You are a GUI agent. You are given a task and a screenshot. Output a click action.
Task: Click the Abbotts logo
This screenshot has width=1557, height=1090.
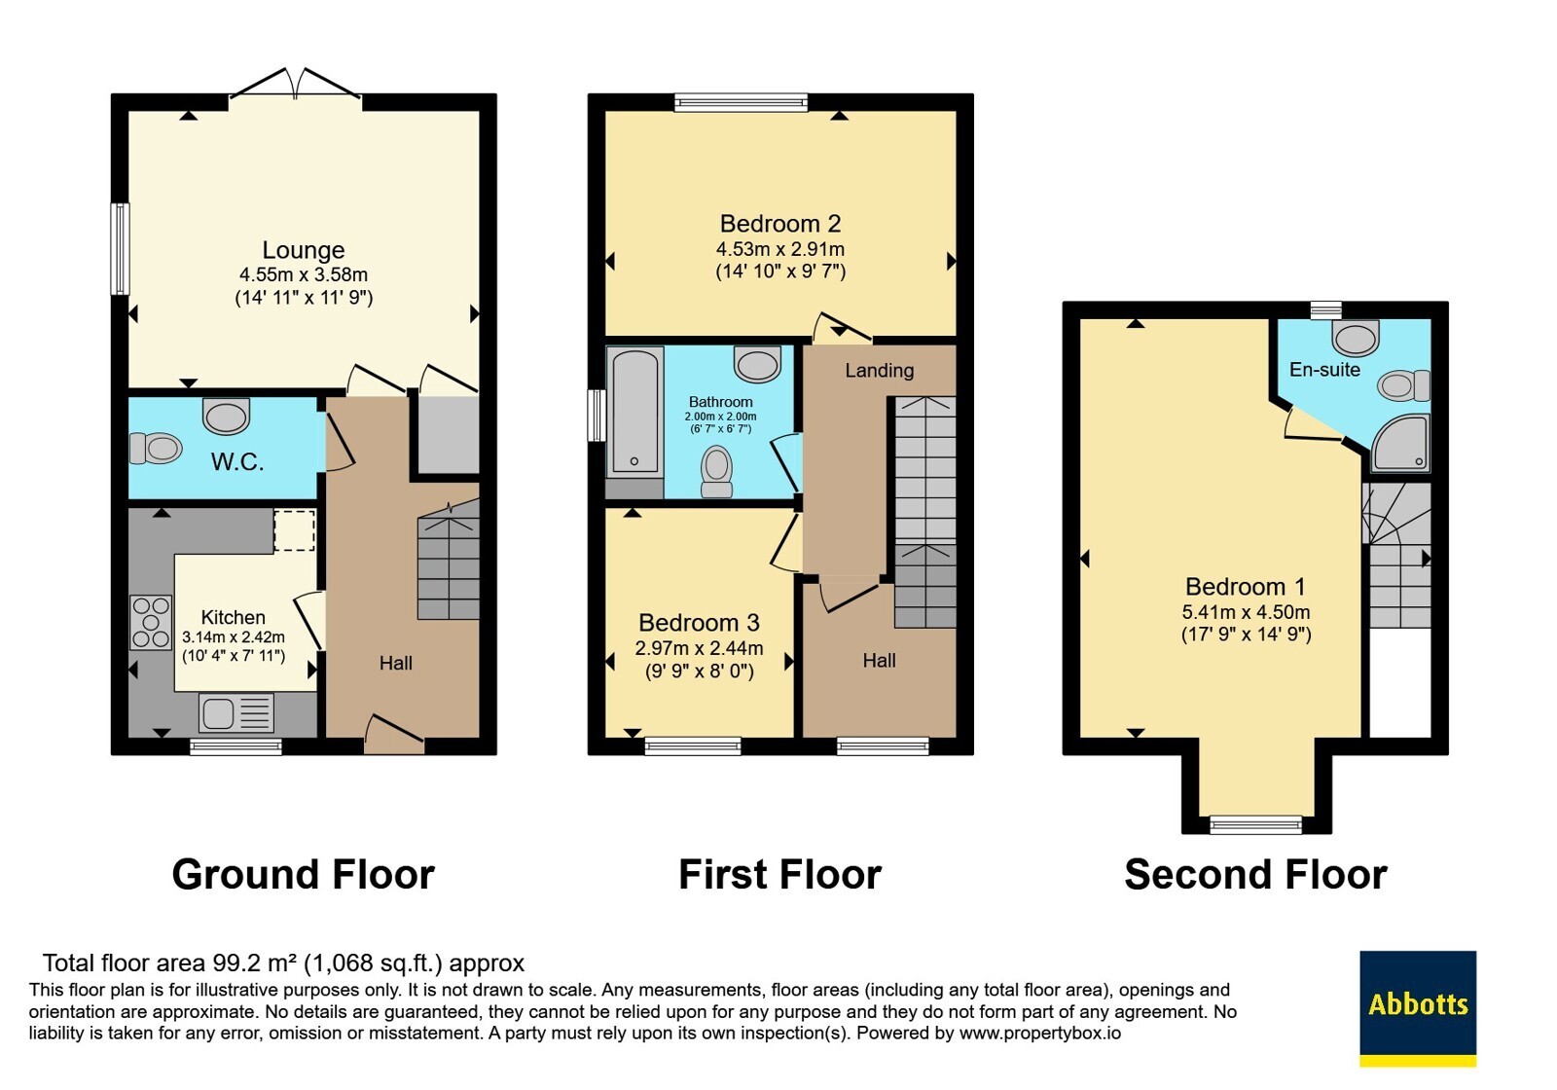1418,1008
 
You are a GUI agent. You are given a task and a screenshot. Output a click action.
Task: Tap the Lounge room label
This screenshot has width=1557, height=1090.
303,250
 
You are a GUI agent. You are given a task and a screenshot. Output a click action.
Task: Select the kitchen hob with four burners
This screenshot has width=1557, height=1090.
151,623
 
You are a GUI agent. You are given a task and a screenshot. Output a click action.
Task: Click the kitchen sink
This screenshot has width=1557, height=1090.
236,713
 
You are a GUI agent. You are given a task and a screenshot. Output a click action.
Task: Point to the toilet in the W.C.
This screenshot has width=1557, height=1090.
156,449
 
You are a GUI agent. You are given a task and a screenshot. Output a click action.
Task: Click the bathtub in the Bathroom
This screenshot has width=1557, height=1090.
634,413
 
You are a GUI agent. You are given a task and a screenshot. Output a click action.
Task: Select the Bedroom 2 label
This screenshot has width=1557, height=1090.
780,224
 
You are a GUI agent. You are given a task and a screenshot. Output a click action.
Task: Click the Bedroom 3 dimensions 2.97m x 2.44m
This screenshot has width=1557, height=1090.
700,648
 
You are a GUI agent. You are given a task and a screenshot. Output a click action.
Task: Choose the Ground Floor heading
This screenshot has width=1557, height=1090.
303,875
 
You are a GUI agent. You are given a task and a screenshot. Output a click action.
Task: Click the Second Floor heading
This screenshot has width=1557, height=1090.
1255,875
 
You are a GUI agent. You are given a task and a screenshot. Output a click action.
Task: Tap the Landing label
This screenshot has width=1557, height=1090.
880,371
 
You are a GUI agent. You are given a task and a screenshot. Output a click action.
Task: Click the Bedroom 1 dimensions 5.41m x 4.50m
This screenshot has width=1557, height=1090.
1247,612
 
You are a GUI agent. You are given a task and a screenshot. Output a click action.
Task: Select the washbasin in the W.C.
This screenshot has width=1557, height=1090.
226,416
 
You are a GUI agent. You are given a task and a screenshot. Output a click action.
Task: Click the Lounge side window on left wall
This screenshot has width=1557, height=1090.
121,248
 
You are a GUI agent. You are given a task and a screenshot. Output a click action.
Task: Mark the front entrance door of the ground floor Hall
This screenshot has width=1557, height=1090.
394,734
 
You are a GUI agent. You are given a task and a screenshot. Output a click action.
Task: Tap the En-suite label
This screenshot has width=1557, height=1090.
1324,370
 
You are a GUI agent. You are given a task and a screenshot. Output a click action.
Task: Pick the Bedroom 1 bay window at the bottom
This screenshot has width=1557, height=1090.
1255,825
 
